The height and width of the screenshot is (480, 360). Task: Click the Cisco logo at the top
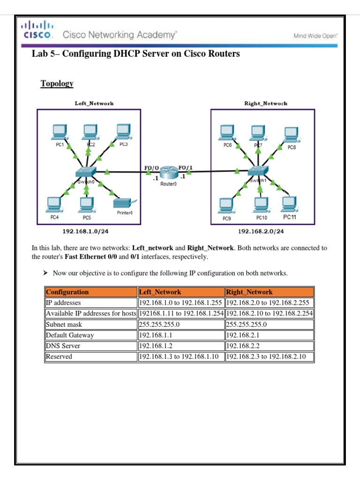point(38,30)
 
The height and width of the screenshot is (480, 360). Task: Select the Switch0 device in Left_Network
point(85,172)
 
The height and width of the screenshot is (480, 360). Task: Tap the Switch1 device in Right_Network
point(258,172)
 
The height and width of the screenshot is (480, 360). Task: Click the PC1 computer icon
point(59,133)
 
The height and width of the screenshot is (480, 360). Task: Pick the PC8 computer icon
point(291,135)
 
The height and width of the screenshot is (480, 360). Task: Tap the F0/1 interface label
point(185,167)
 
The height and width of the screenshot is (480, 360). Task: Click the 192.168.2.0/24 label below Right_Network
point(261,231)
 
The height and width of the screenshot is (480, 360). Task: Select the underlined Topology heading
point(57,83)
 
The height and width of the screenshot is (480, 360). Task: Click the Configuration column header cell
point(91,292)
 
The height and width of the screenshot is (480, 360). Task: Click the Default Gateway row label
point(91,335)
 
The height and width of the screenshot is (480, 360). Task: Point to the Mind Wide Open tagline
point(315,36)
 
